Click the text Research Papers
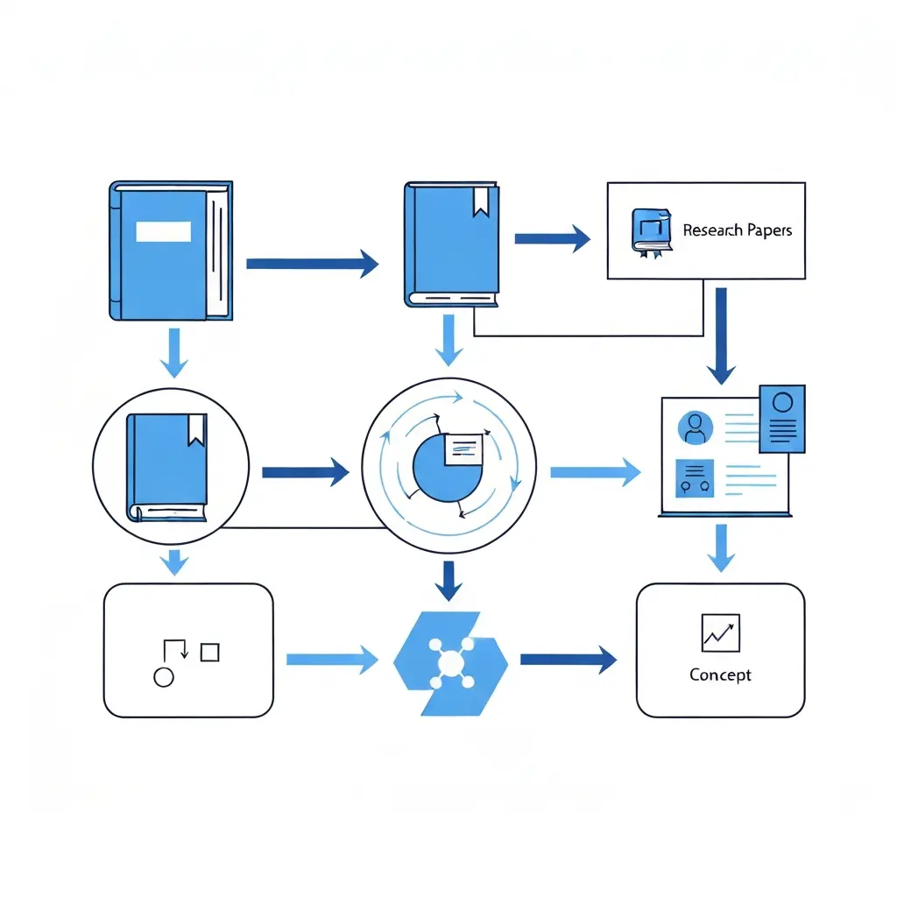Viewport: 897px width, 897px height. coord(737,230)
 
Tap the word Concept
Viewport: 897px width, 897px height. coord(720,675)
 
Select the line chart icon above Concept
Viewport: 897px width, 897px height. coord(720,632)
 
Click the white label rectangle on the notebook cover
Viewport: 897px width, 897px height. coord(163,231)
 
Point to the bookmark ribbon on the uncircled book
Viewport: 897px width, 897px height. coord(481,201)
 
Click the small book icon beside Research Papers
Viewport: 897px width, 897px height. coord(650,231)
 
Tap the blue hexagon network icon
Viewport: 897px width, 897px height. coord(450,662)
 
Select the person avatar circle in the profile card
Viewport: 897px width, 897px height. coord(696,428)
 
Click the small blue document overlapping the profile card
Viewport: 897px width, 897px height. coord(782,418)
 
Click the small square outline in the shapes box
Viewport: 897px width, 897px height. coord(209,652)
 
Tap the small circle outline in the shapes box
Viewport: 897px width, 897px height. coord(163,676)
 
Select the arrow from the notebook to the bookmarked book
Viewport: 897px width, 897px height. coord(312,262)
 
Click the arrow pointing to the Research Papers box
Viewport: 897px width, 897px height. coord(552,237)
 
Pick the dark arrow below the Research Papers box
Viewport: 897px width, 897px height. coord(721,336)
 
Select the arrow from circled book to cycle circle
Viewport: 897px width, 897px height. coord(305,473)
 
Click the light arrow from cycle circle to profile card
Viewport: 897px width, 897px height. coord(595,473)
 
